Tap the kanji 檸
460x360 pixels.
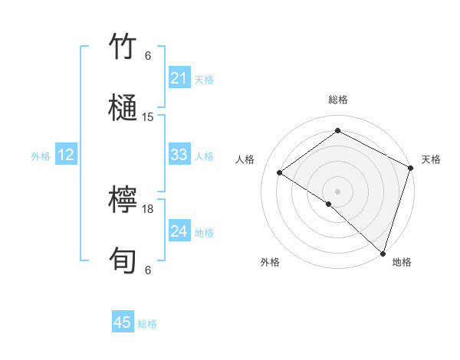(x=123, y=201)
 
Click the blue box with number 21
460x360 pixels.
(x=179, y=78)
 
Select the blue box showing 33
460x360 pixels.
(x=179, y=155)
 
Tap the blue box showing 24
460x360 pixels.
(x=179, y=232)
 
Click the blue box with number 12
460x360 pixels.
(x=66, y=155)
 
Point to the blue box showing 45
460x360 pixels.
(x=123, y=322)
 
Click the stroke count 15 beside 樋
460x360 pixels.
(x=148, y=117)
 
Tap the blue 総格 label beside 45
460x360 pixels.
(x=147, y=323)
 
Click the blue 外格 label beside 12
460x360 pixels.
(x=41, y=156)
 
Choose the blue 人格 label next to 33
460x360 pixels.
(x=204, y=156)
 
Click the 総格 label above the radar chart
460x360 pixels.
(x=337, y=100)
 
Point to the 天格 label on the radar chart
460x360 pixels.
(x=431, y=159)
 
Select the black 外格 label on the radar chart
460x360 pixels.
(x=270, y=263)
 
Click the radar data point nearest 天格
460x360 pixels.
(x=410, y=168)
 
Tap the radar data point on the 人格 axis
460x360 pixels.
(x=280, y=172)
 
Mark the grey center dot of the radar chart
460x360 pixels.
(x=337, y=191)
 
